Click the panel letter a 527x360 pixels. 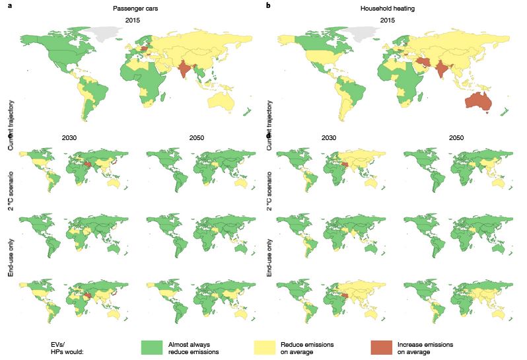coord(9,6)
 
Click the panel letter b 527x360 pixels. coord(268,6)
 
